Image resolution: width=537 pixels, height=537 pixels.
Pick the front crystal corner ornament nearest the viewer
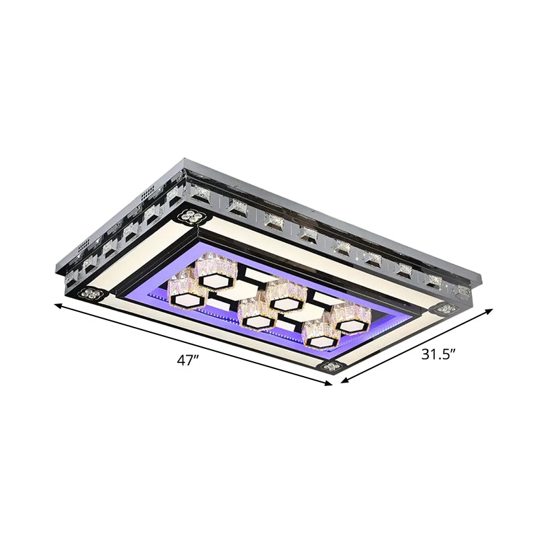[332, 366]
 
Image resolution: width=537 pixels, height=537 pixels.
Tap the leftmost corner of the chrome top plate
[56, 267]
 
